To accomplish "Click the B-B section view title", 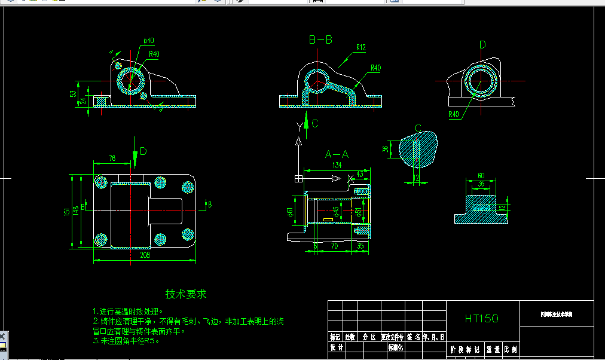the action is (320, 40).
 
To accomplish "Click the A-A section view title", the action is (337, 154).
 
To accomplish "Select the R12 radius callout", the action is (360, 47).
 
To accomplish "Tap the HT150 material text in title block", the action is (482, 319).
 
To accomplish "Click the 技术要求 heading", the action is (186, 294).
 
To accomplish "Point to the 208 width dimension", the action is (144, 255).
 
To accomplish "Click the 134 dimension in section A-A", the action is (337, 165).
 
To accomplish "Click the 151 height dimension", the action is (67, 212).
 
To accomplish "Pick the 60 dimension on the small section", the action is (481, 176).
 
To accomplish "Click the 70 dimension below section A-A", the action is (334, 245).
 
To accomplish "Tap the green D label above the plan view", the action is (143, 150).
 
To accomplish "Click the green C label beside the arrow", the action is (315, 124).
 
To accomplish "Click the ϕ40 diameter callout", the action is (149, 41).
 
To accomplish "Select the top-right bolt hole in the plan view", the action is (160, 183).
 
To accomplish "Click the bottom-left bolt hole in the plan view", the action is (100, 240).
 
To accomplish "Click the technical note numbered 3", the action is (127, 341).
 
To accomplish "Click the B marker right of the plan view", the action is (209, 205).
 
